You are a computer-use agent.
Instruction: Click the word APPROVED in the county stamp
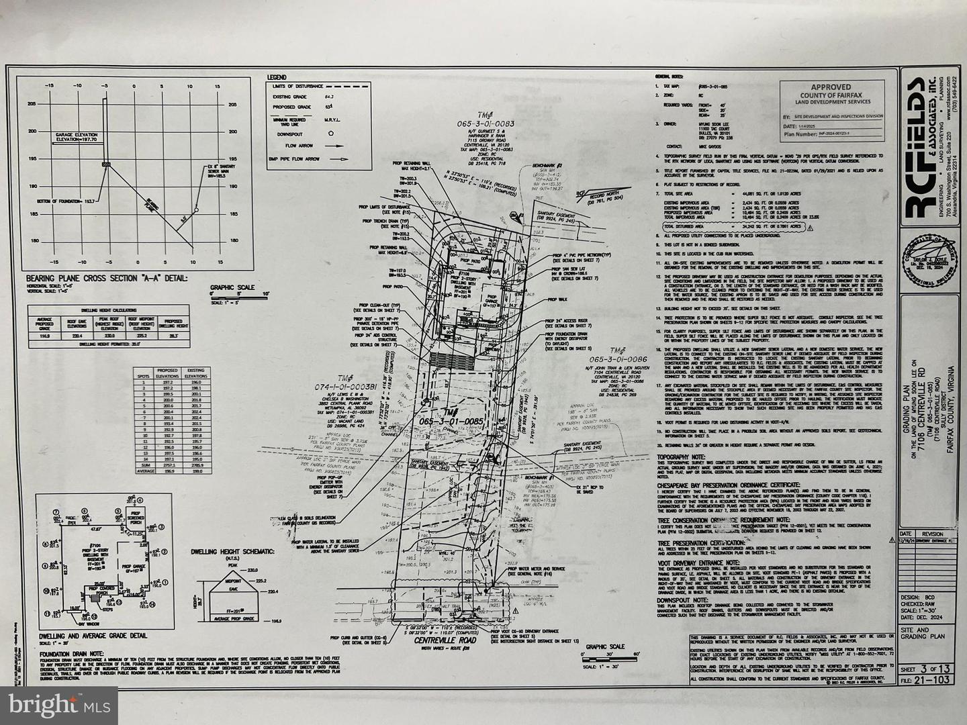pos(830,87)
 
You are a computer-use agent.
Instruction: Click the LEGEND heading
pos(276,78)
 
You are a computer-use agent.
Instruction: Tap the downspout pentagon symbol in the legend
pos(330,134)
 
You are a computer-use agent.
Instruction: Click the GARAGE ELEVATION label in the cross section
pos(75,137)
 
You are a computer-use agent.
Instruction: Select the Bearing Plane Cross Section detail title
pos(107,278)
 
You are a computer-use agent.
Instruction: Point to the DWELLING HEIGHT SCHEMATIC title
pos(233,551)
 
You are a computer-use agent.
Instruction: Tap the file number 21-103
pos(930,680)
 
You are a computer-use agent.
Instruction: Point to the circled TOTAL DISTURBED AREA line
pos(731,227)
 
